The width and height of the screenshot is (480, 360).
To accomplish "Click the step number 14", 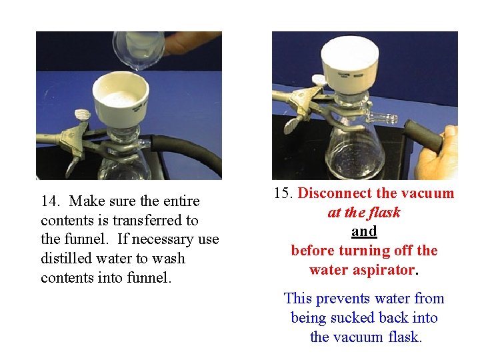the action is [x=50, y=201].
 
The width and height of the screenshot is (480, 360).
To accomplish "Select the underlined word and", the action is [x=364, y=231].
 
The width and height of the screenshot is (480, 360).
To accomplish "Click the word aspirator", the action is [x=384, y=270].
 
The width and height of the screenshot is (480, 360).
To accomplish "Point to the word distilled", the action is [x=66, y=259].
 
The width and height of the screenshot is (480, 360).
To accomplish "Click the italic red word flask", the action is [x=384, y=212].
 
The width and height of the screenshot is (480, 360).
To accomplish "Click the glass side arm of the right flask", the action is [x=383, y=117].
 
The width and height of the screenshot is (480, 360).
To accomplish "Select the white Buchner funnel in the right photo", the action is [x=349, y=67].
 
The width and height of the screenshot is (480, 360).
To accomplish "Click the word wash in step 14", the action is [x=169, y=259].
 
